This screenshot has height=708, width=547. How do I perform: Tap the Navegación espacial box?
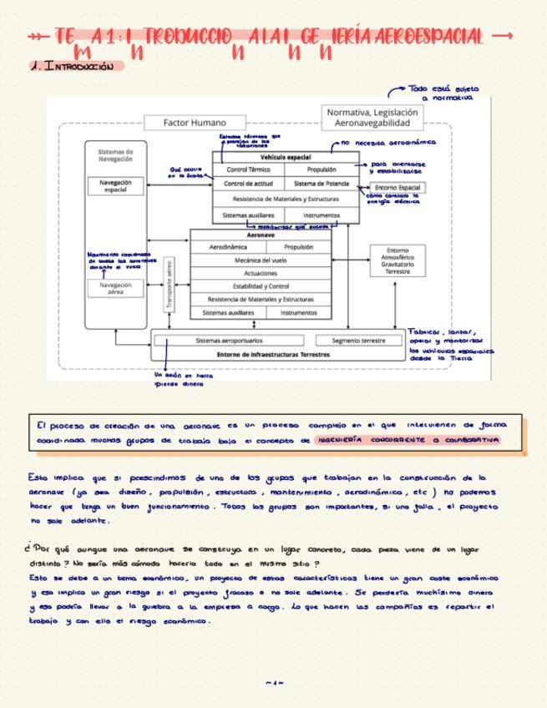tap(115, 186)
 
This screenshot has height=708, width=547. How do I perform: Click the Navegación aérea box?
tap(115, 289)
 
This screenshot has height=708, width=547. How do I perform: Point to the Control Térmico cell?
tap(248, 169)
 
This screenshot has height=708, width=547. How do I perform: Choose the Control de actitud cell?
tap(248, 184)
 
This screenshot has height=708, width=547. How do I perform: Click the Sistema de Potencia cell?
tap(322, 184)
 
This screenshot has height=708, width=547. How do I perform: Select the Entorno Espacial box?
tap(398, 188)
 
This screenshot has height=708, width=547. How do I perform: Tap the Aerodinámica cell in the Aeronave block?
tap(226, 247)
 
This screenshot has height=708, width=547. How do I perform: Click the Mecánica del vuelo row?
tap(261, 260)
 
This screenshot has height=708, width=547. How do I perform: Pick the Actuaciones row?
tap(261, 273)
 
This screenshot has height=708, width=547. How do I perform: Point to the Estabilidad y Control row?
tap(261, 286)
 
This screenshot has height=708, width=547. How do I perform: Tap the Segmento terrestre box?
tap(358, 341)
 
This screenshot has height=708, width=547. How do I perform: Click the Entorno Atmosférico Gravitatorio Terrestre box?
tap(398, 260)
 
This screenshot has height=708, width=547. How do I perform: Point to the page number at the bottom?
tap(274, 683)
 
